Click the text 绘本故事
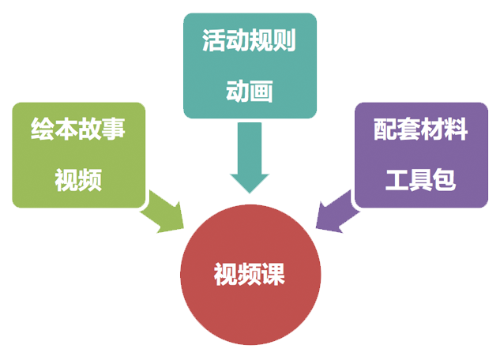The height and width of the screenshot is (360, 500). point(79,129)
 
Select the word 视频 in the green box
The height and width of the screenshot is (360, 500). point(79,181)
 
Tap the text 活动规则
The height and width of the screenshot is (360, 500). point(250,42)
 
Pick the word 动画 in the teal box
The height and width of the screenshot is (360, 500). point(250,92)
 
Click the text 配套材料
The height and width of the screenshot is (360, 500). point(420,129)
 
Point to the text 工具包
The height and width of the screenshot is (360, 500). point(420,181)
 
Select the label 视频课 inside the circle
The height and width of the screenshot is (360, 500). point(250,275)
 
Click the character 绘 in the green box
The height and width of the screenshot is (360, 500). point(43,129)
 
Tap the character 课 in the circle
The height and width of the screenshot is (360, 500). point(273,275)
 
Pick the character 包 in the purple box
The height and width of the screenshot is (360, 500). point(444,181)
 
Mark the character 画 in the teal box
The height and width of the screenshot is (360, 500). point(261,92)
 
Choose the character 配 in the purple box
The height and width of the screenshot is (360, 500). point(385,129)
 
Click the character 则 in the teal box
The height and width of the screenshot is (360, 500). point(284,42)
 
